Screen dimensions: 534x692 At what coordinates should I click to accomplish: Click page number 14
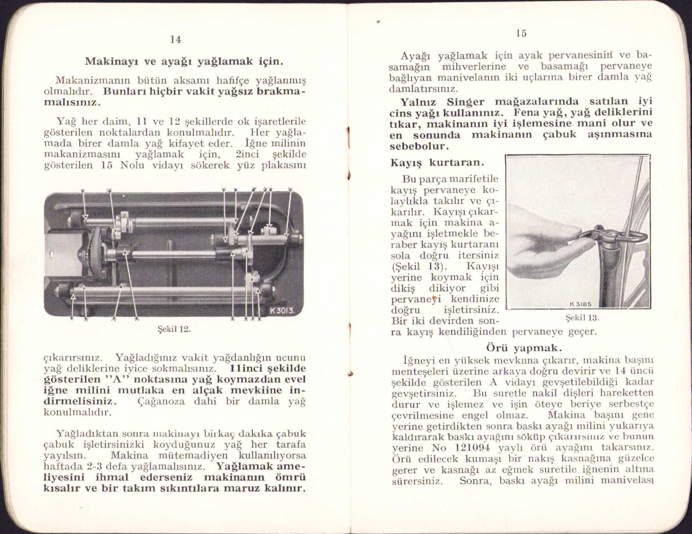click(175, 40)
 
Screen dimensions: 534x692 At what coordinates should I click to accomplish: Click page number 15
click(521, 33)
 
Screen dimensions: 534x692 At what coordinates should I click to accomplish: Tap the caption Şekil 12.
click(174, 329)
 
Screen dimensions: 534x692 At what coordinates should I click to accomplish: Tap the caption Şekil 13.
click(582, 318)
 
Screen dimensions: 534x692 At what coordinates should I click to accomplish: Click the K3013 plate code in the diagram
click(281, 310)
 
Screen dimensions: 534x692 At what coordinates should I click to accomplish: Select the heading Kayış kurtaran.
click(437, 162)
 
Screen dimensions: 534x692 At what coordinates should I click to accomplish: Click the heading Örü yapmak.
click(524, 347)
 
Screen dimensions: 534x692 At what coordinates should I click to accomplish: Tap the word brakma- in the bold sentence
click(280, 91)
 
